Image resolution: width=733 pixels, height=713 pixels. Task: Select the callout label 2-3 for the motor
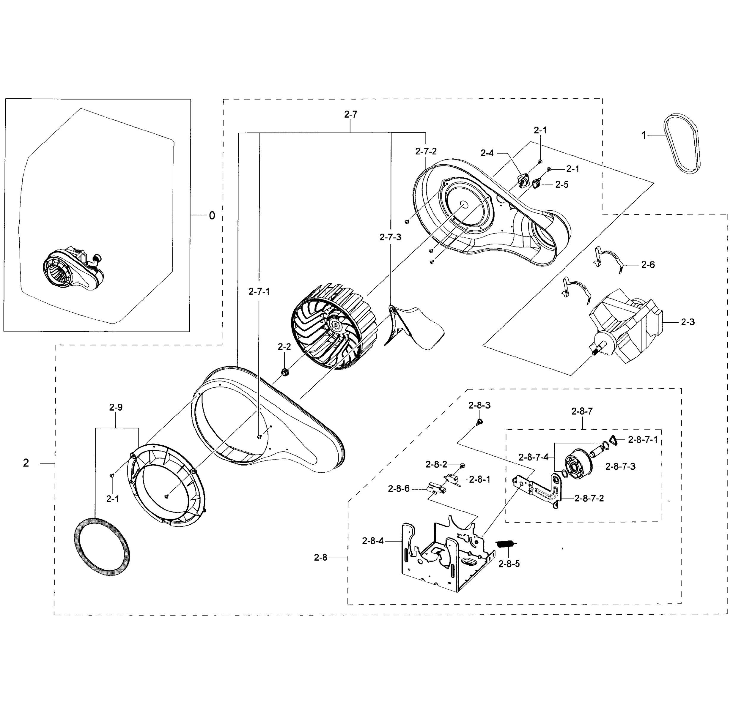click(688, 322)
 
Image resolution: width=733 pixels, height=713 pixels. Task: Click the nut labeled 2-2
click(284, 372)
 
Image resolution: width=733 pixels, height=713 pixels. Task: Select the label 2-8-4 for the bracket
click(372, 541)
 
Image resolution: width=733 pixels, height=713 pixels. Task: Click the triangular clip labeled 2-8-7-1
click(614, 440)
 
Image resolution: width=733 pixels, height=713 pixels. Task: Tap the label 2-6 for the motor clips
click(648, 265)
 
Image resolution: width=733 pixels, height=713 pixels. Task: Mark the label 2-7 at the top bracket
click(350, 115)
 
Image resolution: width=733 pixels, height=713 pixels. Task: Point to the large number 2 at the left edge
click(26, 463)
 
